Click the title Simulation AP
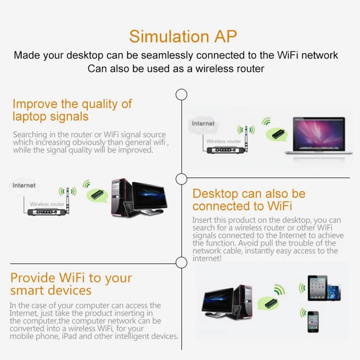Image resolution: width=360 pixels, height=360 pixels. (183, 36)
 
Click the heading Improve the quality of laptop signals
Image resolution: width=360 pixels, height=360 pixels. (72, 110)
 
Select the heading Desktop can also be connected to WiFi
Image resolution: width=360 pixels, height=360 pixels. (249, 200)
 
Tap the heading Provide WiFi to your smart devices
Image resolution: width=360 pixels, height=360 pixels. (71, 283)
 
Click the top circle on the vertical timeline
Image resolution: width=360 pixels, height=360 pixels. (181, 94)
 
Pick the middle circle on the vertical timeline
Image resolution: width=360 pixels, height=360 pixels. (181, 178)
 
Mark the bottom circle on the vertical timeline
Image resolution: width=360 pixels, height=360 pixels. (181, 262)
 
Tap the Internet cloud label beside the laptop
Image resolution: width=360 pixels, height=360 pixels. (203, 124)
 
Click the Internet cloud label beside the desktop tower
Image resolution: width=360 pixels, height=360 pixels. (24, 185)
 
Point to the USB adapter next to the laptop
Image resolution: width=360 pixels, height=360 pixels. (275, 133)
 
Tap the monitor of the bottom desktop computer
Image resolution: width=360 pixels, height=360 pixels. (218, 301)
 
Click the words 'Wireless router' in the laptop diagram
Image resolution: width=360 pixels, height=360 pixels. (224, 141)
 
